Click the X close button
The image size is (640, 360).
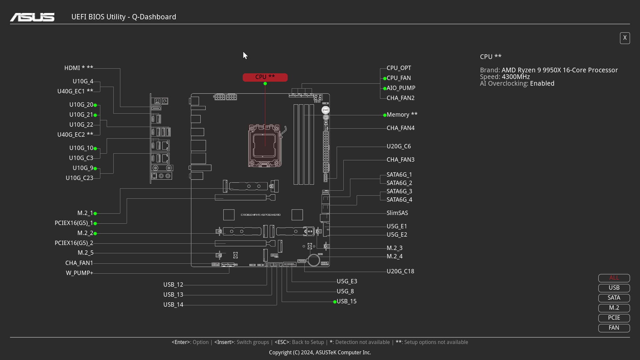[625, 38]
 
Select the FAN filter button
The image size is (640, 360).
[614, 328]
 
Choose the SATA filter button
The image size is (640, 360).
[614, 298]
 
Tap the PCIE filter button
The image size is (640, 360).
[614, 318]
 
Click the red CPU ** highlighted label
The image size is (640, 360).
[265, 77]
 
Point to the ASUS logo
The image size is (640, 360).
[32, 17]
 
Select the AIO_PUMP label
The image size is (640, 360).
[401, 88]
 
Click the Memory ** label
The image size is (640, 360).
[402, 115]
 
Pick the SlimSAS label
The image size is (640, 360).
[397, 213]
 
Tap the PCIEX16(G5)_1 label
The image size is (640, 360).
[74, 223]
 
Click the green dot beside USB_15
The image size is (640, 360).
[335, 302]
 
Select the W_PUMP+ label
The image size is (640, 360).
[79, 273]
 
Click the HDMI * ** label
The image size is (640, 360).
[79, 68]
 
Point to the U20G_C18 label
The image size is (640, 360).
[400, 271]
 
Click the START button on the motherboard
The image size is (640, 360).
[325, 110]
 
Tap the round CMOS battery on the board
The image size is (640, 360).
[314, 260]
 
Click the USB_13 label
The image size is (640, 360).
[173, 295]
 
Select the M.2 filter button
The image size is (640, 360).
[614, 308]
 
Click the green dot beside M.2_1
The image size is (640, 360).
[95, 213]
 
